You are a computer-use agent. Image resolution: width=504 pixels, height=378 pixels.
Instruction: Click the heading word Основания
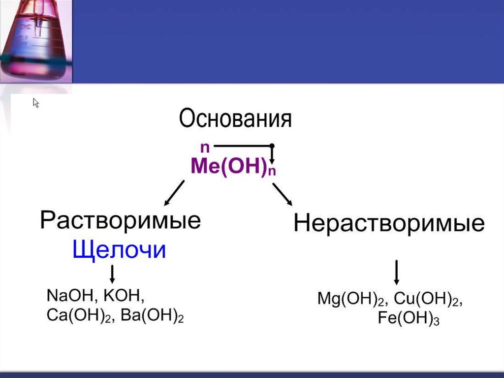click(235, 119)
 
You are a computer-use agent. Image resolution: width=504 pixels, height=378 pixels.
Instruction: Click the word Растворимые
click(120, 221)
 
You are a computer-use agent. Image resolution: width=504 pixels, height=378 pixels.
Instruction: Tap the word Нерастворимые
click(389, 224)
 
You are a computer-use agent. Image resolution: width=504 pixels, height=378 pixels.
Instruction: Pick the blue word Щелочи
click(119, 251)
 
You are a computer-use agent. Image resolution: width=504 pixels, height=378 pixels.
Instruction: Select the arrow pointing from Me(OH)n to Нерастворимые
click(283, 194)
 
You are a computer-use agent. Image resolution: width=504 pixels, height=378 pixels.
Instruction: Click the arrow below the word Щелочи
click(113, 274)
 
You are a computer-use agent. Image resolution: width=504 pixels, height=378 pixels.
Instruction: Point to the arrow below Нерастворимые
click(397, 272)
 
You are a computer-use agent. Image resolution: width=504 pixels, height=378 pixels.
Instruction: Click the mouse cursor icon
click(36, 103)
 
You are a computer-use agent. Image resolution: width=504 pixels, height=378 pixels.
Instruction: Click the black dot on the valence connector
click(272, 146)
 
